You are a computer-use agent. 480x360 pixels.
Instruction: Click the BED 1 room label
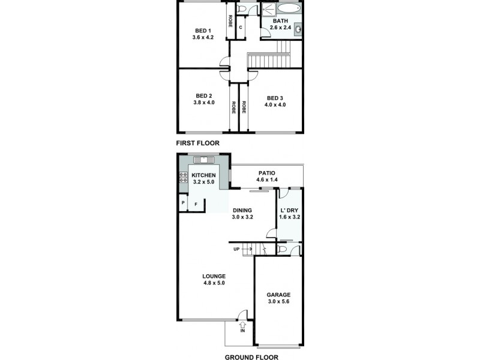[x=203, y=31]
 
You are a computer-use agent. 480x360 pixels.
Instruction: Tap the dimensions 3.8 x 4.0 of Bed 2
[x=203, y=103]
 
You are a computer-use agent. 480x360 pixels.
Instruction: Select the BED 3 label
[x=275, y=98]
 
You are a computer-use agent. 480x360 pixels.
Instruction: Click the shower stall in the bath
[x=268, y=9]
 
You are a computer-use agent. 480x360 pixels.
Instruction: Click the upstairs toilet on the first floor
[x=241, y=8]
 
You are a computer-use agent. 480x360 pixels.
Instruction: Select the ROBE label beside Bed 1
[x=230, y=22]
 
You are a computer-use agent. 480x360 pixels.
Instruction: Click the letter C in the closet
[x=241, y=28]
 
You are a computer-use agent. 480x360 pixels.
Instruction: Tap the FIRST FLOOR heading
[x=197, y=143]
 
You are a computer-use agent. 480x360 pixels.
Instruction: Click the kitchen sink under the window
[x=204, y=160]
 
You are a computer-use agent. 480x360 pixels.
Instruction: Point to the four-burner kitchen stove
[x=183, y=178]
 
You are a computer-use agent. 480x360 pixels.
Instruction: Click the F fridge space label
[x=196, y=205]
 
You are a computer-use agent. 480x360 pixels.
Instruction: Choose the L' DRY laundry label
[x=289, y=211]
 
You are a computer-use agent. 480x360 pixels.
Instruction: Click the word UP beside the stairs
[x=236, y=248]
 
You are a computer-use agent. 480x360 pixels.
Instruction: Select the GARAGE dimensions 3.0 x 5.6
[x=278, y=302]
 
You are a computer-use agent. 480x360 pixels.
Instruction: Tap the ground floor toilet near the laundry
[x=283, y=249]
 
